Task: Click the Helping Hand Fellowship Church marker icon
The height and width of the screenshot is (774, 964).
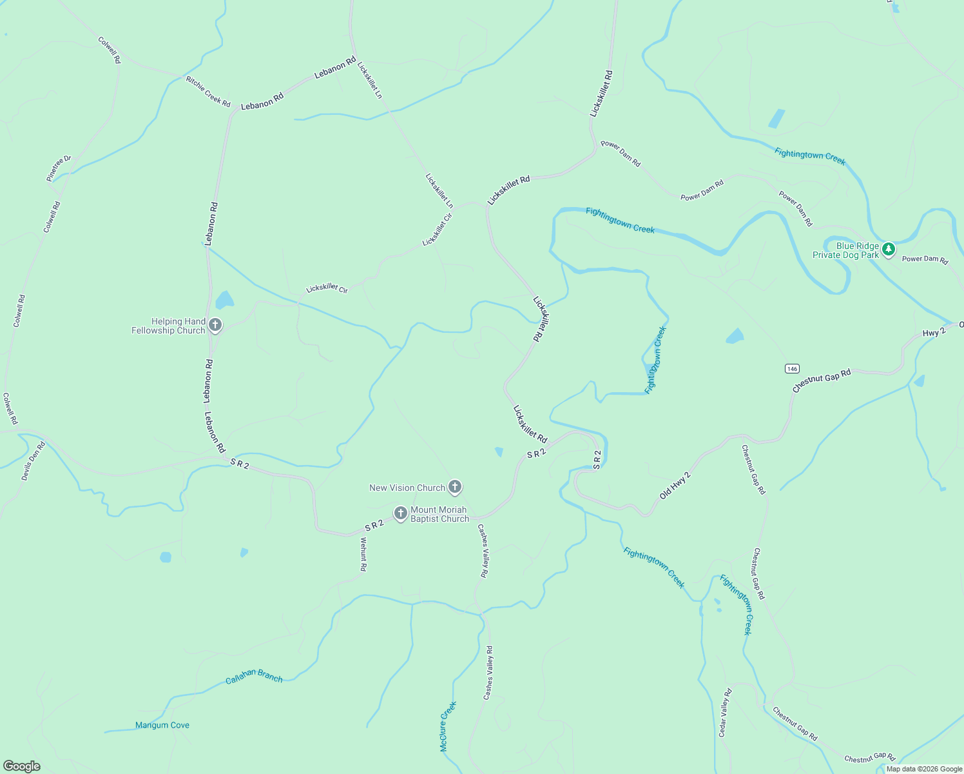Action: click(215, 325)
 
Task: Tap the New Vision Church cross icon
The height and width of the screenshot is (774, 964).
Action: click(455, 487)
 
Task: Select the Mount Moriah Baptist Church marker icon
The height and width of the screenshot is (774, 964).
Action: click(401, 513)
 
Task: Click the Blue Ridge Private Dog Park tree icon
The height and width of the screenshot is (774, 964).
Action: click(889, 250)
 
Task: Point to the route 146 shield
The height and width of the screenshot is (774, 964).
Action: click(792, 368)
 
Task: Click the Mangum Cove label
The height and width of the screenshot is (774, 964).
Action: click(162, 725)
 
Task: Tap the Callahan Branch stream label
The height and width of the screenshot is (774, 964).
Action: click(254, 676)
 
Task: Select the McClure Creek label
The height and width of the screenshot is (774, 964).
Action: click(448, 726)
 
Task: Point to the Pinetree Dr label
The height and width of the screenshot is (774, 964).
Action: click(59, 168)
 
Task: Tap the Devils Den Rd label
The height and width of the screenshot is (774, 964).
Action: click(33, 461)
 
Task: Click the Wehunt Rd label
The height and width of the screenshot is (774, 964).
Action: click(363, 554)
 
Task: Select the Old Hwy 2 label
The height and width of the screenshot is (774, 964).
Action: click(675, 486)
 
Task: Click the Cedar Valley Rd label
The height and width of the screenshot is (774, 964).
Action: click(725, 713)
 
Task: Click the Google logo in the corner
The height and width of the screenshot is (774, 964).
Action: click(21, 766)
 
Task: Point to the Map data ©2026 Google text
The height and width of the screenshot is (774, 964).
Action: click(924, 769)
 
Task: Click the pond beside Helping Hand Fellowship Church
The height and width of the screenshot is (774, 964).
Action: click(224, 300)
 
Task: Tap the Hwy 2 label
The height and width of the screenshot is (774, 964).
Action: click(934, 333)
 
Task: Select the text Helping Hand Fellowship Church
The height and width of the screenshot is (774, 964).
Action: click(168, 326)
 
